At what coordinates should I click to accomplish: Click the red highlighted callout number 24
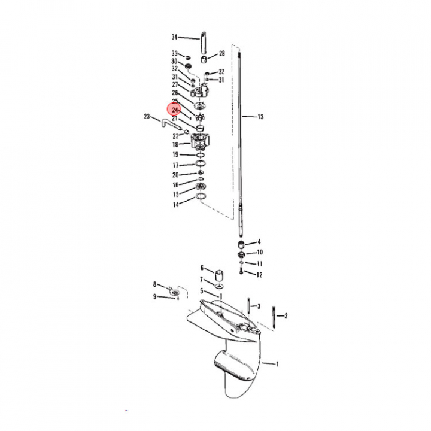(175, 110)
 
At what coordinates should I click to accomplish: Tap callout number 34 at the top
(175, 37)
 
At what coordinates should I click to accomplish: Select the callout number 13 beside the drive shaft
(260, 117)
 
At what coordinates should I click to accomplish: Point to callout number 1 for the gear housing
(277, 364)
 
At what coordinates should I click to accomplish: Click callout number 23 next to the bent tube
(147, 117)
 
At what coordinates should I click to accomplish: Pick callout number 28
(222, 53)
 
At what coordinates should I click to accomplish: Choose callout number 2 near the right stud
(286, 316)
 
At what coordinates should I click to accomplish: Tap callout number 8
(155, 284)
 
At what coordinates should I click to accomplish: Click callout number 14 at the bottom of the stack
(176, 205)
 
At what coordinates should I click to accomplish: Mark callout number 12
(259, 275)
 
